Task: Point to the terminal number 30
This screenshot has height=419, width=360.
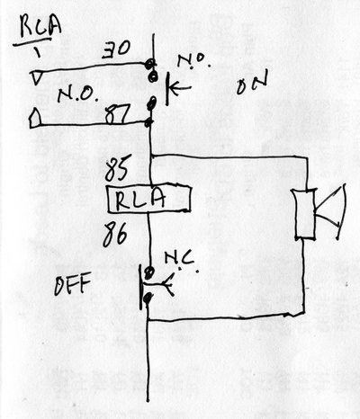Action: coord(117,52)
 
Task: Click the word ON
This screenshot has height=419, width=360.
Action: coord(251,87)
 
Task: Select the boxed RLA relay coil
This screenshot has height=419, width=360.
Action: coord(148,199)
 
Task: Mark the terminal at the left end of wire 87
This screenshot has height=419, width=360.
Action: coord(35,119)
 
